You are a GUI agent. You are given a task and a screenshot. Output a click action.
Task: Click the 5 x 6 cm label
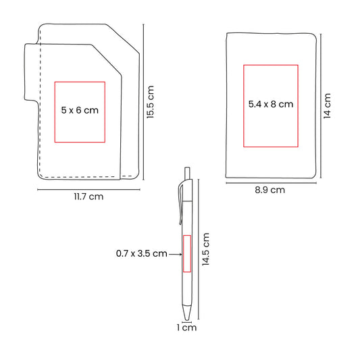click(80, 110)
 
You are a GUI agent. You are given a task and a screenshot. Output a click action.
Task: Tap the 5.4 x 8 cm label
click(271, 104)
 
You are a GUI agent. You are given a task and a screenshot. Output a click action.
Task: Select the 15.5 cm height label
click(151, 102)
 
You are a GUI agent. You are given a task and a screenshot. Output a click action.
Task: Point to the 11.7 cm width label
click(88, 197)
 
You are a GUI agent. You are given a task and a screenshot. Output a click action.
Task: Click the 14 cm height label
click(327, 106)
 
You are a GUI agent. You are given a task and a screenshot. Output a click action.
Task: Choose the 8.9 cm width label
click(269, 190)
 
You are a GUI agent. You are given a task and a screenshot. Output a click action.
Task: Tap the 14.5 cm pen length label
click(206, 249)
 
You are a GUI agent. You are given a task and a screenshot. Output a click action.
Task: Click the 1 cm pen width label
click(186, 328)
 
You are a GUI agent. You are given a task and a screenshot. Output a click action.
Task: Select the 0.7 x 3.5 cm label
click(141, 253)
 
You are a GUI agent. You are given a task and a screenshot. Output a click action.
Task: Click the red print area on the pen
click(187, 253)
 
